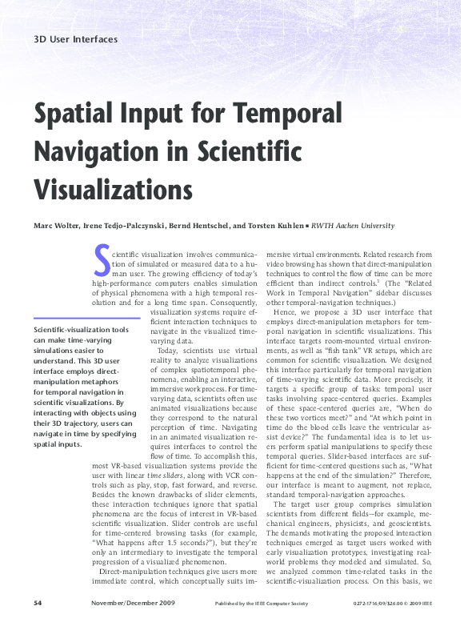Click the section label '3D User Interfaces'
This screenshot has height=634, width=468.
point(76,39)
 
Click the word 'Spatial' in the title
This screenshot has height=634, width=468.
point(78,114)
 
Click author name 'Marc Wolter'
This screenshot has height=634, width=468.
point(56,227)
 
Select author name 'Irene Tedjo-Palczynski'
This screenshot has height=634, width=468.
point(123,227)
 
